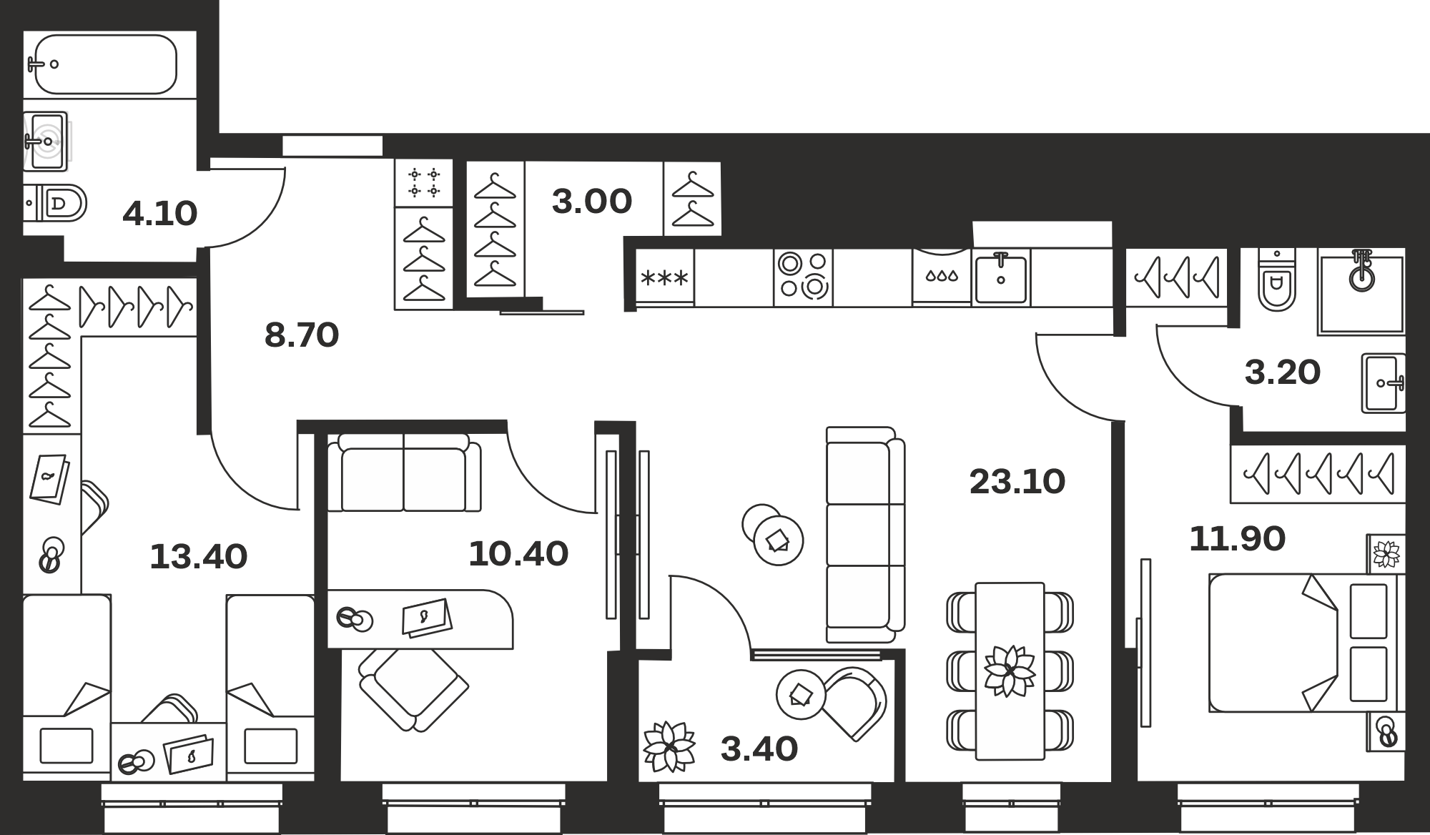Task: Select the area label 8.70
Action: pyautogui.click(x=302, y=335)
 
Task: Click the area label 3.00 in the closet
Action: pyautogui.click(x=592, y=201)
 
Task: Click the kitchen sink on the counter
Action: pyautogui.click(x=1001, y=277)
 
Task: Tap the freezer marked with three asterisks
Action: pyautogui.click(x=665, y=277)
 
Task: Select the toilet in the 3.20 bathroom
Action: pyautogui.click(x=1277, y=282)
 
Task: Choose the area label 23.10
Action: pyautogui.click(x=1017, y=481)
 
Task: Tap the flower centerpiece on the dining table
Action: pyautogui.click(x=1009, y=671)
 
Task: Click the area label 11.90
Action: pyautogui.click(x=1237, y=538)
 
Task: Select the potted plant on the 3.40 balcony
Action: pyautogui.click(x=669, y=746)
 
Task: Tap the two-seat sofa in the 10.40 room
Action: pyautogui.click(x=404, y=473)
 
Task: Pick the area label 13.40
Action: pyautogui.click(x=199, y=556)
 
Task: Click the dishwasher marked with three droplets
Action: pyautogui.click(x=942, y=277)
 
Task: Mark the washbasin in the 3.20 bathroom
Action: pyautogui.click(x=1384, y=383)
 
